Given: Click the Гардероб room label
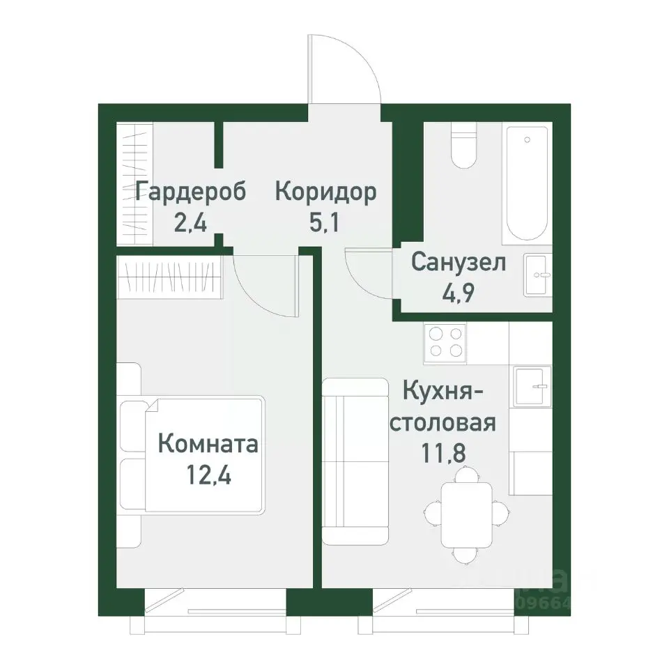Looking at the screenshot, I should click(191, 192).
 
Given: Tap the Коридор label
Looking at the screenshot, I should click(325, 192).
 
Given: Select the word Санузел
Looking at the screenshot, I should click(457, 262).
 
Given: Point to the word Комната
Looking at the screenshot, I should click(208, 443).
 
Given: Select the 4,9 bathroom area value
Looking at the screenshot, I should click(457, 293).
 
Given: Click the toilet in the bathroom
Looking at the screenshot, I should click(463, 146).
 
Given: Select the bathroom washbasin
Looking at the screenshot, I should click(537, 275).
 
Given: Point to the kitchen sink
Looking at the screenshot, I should click(532, 385).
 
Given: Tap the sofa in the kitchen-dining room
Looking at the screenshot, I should click(355, 460).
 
